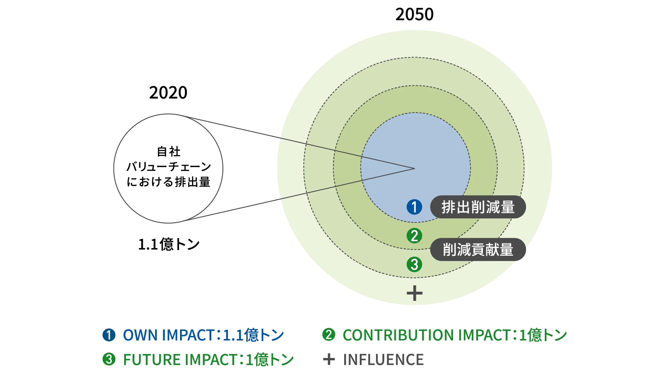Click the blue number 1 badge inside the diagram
pos(414,207)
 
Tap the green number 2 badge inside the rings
pos(414,236)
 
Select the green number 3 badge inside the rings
pos(414,264)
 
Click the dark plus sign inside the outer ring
pos(414,293)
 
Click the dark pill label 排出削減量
pos(478,207)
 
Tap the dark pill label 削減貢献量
pos(478,250)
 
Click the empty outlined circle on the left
pos(168,168)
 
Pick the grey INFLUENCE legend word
pos(383,359)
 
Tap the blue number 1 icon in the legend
pos(109,335)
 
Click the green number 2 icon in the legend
pos(329,335)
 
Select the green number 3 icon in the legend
pos(109,359)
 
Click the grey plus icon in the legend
pos(329,359)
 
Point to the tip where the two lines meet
pos(414,168)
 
